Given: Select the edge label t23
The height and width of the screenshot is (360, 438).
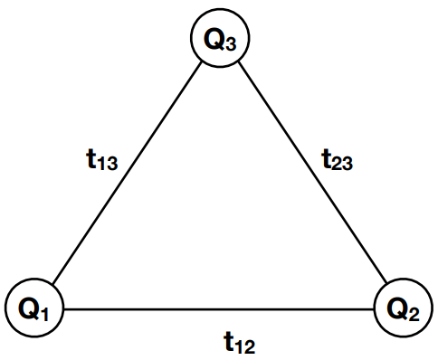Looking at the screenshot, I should (337, 161).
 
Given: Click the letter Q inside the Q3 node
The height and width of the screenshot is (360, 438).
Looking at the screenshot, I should (214, 40).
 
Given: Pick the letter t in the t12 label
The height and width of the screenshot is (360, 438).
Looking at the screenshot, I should (230, 339).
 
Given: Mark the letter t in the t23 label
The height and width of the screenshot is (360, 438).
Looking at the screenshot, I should (327, 158).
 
